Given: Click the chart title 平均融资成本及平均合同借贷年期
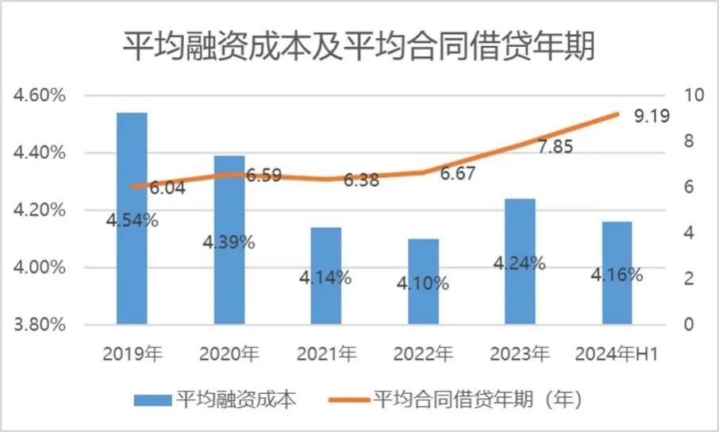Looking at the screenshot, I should tap(359, 45).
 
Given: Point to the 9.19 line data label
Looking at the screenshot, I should tap(652, 117).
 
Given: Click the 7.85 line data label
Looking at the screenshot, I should tap(555, 148).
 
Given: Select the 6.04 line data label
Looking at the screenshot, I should tap(167, 188).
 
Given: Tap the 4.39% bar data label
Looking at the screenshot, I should tap(229, 242).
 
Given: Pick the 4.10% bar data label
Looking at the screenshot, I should tap(423, 283).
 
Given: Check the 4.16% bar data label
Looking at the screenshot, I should tap(617, 276).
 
